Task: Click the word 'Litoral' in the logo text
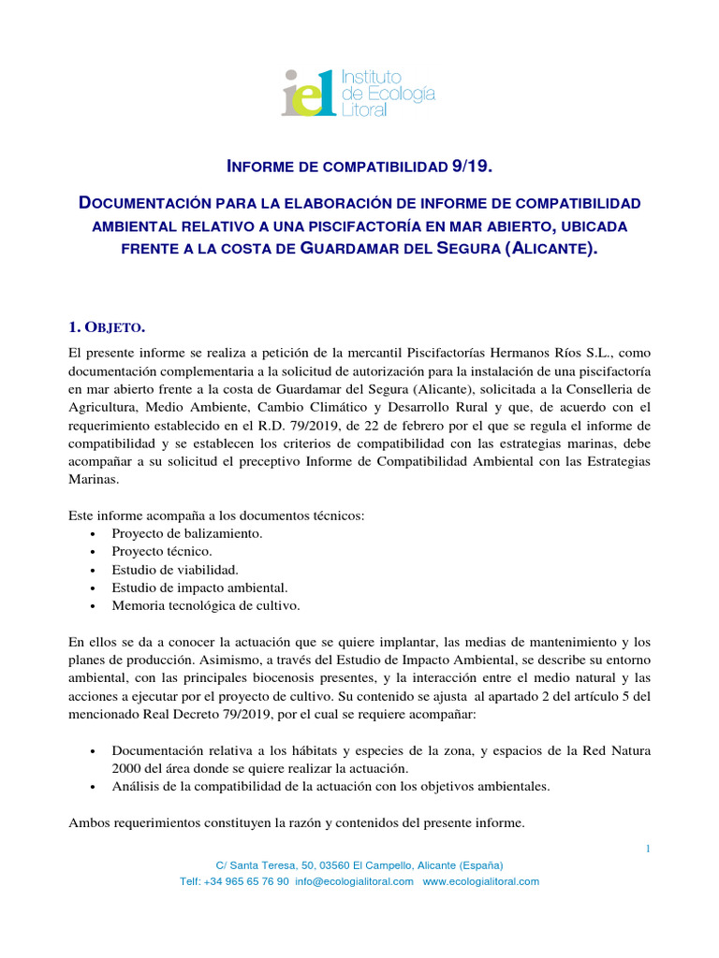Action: [x=364, y=110]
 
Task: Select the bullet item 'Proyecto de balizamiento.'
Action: [x=186, y=533]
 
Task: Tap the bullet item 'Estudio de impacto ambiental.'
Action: [x=198, y=588]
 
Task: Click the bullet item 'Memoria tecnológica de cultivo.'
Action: [x=205, y=605]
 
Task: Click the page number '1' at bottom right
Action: [x=647, y=849]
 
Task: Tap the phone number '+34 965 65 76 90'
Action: [x=250, y=882]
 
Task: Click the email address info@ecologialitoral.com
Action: [x=353, y=882]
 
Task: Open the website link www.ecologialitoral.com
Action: [x=480, y=882]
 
